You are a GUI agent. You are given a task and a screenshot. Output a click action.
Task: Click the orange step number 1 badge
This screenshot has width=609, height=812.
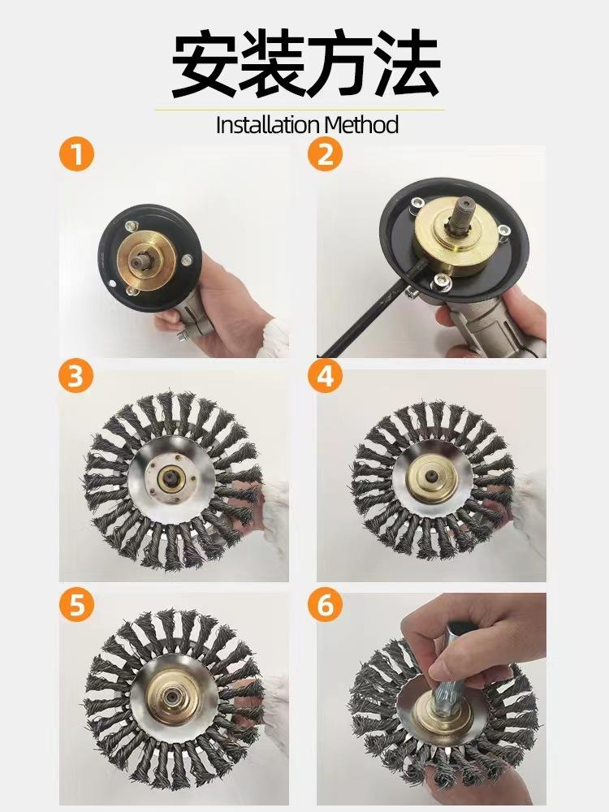coord(76,153)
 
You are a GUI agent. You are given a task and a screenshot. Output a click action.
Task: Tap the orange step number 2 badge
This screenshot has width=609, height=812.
coord(326,153)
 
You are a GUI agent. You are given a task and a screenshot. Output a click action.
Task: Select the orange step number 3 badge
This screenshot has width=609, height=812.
coord(76,375)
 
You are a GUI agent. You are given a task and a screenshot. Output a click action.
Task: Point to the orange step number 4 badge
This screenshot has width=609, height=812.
coord(326,375)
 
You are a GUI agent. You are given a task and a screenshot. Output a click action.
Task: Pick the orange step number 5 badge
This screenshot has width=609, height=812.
coord(76,604)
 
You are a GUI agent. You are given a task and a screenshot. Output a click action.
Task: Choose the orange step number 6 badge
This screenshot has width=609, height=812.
coord(326,604)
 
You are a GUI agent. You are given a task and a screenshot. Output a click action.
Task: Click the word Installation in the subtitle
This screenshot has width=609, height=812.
coord(268,125)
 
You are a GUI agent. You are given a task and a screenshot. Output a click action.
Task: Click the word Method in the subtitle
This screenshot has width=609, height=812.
coord(361,125)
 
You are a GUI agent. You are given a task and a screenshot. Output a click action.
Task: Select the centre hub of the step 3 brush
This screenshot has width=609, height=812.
coord(171,478)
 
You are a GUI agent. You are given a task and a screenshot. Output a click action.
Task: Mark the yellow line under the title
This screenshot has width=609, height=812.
coord(300,110)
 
